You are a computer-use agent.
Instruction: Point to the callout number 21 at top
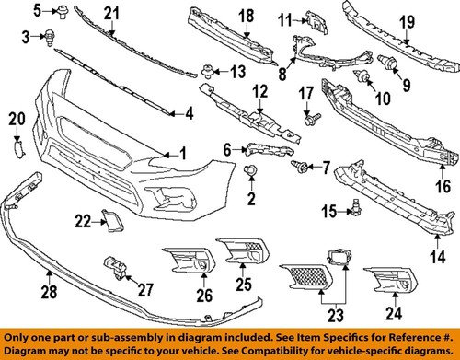(x=111, y=12)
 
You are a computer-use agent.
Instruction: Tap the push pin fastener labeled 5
(x=62, y=12)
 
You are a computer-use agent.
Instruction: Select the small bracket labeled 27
(x=114, y=266)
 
